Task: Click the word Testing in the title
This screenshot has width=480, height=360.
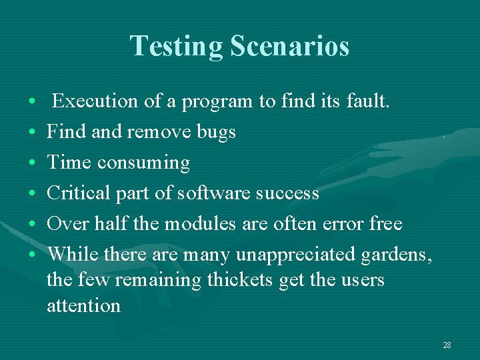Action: click(x=177, y=46)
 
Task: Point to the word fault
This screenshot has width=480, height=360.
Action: click(x=371, y=101)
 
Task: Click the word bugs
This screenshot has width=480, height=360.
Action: click(x=215, y=132)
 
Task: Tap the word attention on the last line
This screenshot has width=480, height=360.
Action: click(x=83, y=305)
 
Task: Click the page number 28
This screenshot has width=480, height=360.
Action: click(x=447, y=345)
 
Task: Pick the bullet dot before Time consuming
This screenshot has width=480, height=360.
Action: click(x=33, y=163)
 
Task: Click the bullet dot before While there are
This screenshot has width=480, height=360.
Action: click(x=33, y=255)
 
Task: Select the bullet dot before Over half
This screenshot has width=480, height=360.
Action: click(x=33, y=224)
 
